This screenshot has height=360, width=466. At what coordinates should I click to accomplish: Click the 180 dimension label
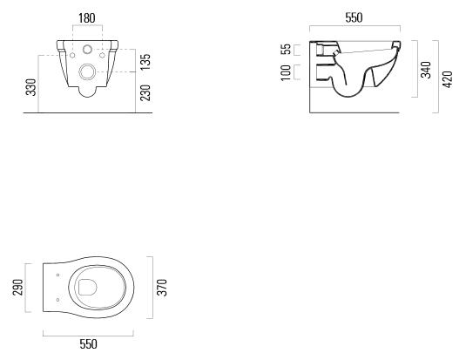tap(87, 18)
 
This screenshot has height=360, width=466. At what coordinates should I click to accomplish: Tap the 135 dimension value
tap(145, 62)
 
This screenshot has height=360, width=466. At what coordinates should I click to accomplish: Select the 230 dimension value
tap(145, 92)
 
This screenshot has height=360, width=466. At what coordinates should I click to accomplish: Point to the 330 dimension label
tap(30, 87)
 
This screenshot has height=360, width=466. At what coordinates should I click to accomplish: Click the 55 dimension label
tap(286, 49)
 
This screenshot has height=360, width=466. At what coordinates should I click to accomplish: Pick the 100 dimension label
tap(286, 72)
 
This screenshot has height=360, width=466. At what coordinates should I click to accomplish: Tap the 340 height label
tap(426, 70)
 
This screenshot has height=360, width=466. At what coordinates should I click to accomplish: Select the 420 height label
tap(448, 79)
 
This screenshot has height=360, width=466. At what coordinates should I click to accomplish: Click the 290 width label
tap(17, 288)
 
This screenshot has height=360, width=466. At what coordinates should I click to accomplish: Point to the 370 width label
tap(162, 288)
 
